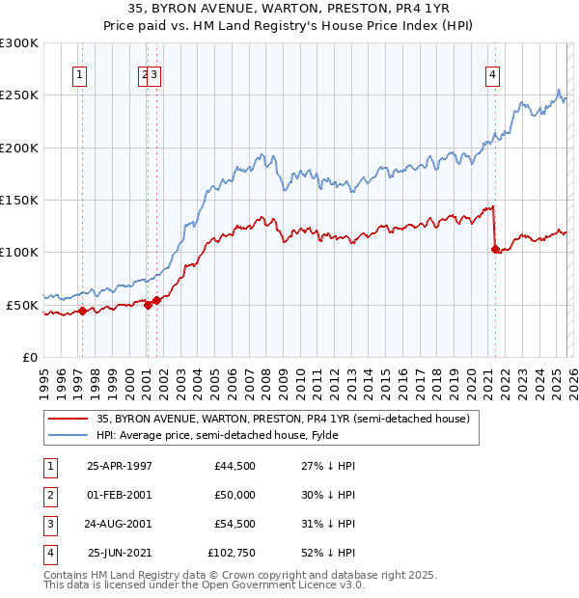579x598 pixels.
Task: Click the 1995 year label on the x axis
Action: tap(43, 373)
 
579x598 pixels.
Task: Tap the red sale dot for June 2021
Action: tap(496, 250)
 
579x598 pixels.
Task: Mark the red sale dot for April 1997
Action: tap(82, 311)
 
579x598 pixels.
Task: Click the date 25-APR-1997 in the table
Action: tap(120, 466)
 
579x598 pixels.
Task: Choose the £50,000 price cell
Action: tap(235, 494)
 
